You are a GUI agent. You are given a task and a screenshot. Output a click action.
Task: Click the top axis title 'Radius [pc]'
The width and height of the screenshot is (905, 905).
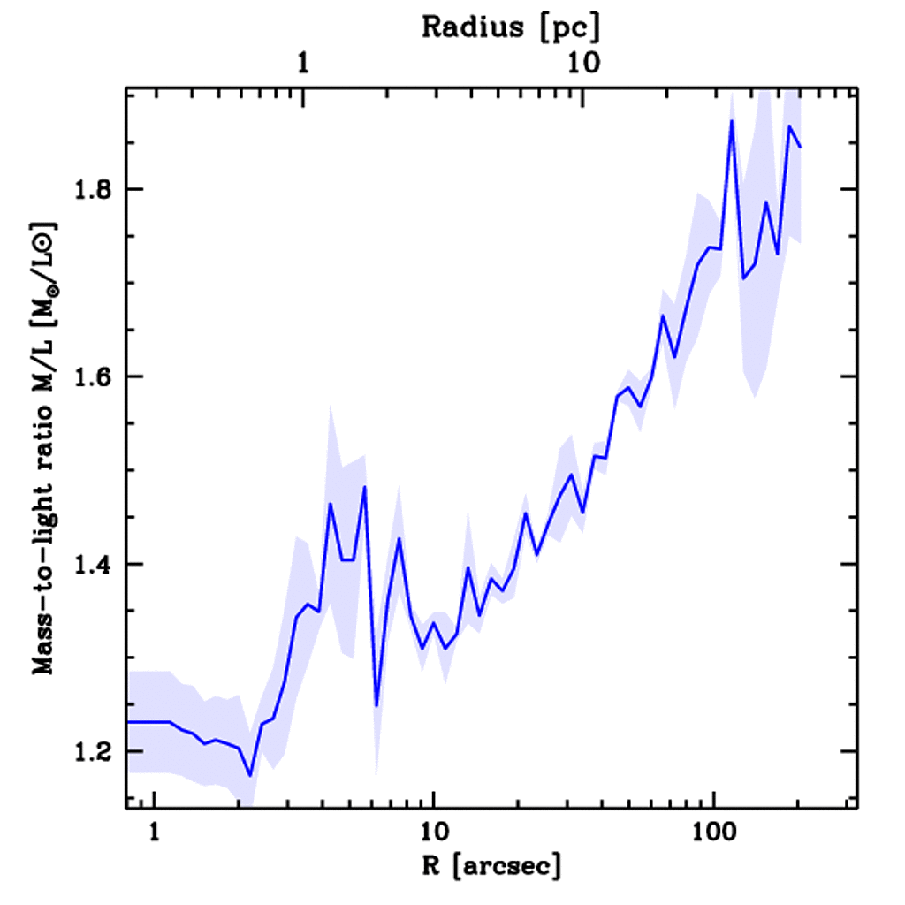tap(511, 27)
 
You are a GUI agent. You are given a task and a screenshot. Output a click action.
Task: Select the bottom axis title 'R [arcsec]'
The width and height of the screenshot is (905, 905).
tap(491, 865)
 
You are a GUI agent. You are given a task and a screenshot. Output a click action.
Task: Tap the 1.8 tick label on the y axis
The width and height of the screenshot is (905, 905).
tap(89, 189)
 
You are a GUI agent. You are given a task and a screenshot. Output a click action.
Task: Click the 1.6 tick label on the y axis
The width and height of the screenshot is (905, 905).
tap(89, 376)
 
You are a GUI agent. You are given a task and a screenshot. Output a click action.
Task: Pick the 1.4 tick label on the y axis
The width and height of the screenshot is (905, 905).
tap(89, 564)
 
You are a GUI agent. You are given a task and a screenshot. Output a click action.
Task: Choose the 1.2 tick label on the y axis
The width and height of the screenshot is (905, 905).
tap(89, 751)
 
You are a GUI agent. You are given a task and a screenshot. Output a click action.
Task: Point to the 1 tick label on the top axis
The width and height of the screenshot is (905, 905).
tap(303, 64)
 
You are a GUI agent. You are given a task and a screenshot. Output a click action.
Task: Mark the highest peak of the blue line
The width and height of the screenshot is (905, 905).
tap(732, 120)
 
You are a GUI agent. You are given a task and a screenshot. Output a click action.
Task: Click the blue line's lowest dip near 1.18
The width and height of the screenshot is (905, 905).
tap(250, 775)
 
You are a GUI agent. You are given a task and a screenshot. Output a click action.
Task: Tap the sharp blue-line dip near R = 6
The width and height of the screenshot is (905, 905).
tap(376, 705)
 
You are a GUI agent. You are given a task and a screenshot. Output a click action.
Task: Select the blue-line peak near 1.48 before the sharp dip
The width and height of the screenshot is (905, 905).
tap(364, 487)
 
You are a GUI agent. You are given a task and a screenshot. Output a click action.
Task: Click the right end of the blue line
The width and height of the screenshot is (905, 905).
tap(801, 148)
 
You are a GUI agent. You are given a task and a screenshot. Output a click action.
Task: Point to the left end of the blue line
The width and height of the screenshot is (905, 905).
tap(129, 722)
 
